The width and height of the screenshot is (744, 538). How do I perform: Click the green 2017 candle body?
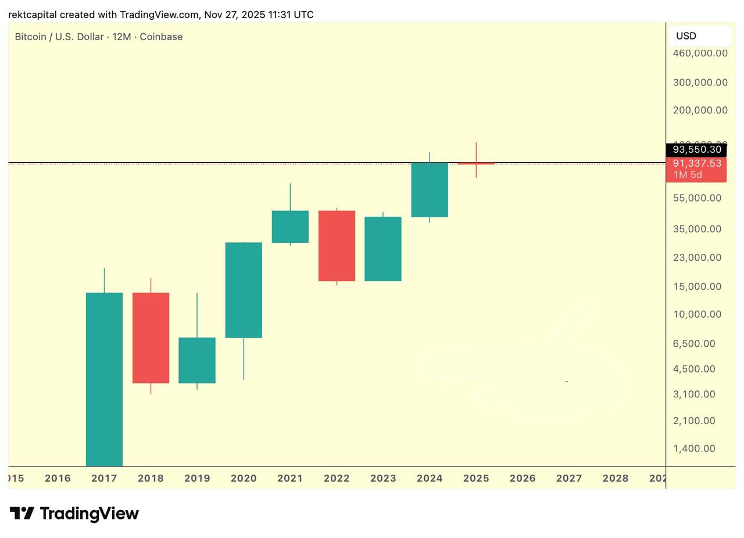104,378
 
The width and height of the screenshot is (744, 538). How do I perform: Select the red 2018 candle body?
151,338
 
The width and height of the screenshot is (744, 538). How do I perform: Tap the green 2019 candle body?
197,360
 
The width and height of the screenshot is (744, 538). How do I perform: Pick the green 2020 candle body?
244,290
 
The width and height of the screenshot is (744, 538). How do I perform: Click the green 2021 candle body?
290,227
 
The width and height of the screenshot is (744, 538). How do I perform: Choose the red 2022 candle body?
337,246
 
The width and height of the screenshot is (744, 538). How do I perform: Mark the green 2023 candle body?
383,249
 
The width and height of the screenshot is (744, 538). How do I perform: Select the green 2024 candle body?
430,190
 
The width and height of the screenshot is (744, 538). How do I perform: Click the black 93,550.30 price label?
696,150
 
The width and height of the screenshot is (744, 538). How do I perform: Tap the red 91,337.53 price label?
696,164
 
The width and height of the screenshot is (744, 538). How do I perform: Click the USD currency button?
700,36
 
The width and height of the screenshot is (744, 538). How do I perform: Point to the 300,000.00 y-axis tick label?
700,83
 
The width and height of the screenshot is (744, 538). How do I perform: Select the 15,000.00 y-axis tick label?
697,286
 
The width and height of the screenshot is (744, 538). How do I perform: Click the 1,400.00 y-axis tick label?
693,449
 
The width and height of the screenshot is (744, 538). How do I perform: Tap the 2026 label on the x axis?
523,478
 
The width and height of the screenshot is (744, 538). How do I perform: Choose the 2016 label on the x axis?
58,478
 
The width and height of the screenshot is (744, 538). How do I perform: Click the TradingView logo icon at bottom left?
22,514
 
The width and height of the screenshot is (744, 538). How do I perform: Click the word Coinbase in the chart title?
161,37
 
